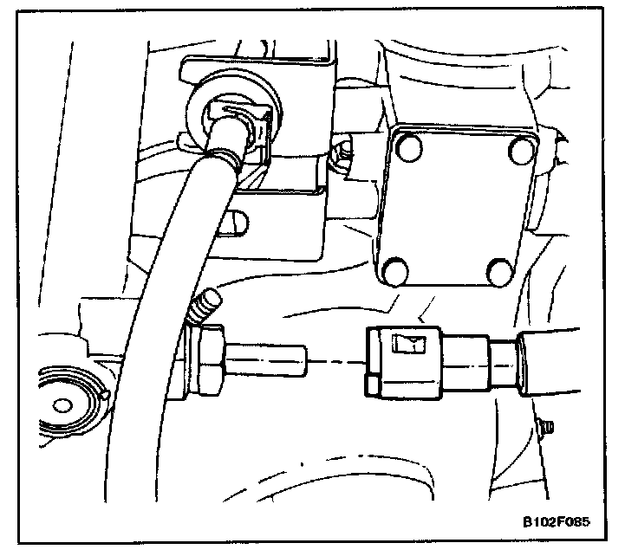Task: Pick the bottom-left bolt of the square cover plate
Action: click(395, 272)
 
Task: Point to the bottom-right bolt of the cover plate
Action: click(501, 273)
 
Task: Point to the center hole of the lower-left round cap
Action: click(62, 404)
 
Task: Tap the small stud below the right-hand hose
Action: click(546, 426)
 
